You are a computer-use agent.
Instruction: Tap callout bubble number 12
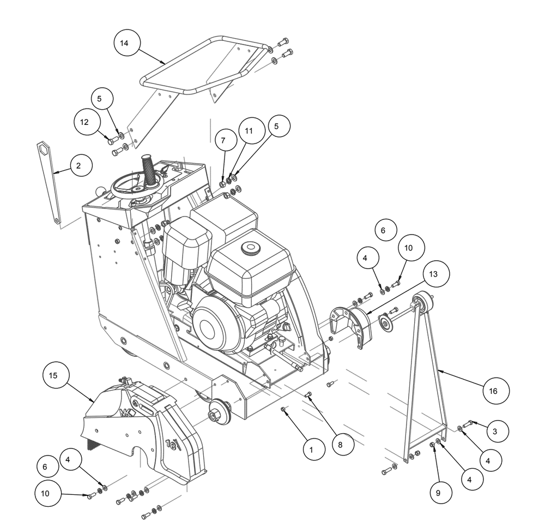point(84,122)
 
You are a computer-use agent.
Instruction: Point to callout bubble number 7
point(223,141)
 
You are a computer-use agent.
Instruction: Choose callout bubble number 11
point(249,131)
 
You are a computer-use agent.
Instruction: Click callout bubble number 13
point(433,274)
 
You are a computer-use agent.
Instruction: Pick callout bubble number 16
point(493,391)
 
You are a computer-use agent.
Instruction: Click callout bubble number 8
point(340,445)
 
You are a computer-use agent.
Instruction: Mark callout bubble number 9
point(438,493)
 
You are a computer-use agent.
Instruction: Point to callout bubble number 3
point(495,432)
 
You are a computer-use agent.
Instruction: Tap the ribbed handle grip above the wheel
point(149,170)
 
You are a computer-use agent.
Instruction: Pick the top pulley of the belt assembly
point(423,302)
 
